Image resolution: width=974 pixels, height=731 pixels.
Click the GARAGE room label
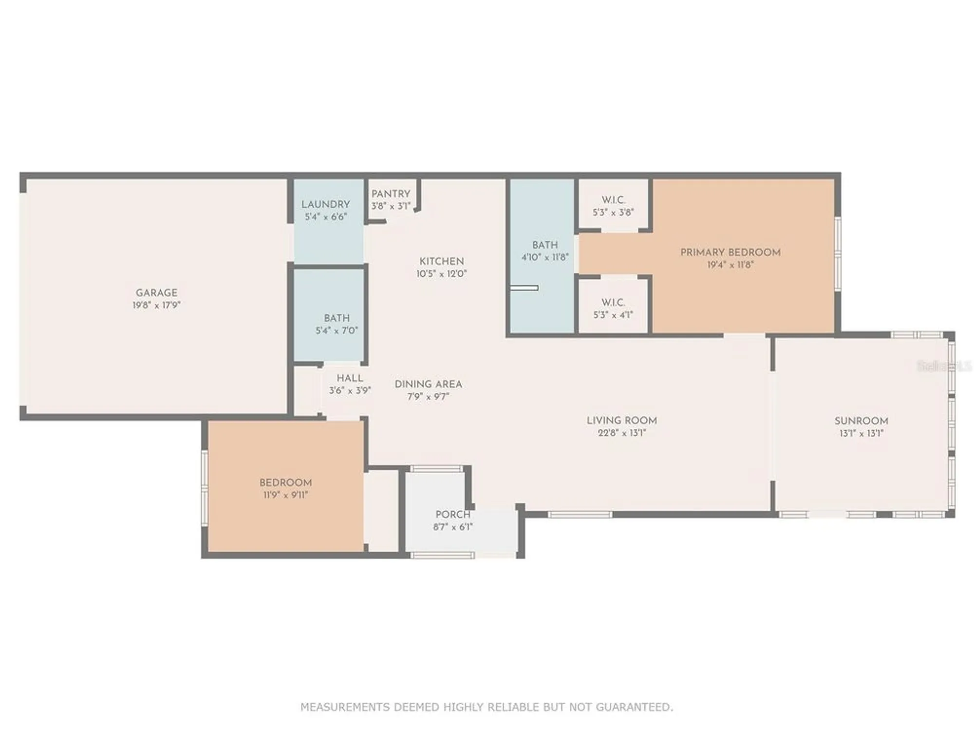tap(156, 292)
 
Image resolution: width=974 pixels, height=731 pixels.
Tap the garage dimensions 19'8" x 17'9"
tap(156, 306)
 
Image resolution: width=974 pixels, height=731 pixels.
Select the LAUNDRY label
tap(325, 204)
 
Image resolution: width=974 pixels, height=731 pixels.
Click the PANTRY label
tap(391, 194)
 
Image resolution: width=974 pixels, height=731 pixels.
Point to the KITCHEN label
tap(441, 261)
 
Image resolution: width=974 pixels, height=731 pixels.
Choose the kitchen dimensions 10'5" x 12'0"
tap(441, 274)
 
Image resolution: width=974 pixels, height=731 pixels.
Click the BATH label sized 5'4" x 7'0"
tap(337, 318)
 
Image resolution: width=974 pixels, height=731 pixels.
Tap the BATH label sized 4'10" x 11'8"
tap(544, 245)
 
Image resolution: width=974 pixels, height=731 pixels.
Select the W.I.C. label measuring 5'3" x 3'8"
tap(613, 200)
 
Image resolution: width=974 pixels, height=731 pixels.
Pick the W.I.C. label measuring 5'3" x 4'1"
tap(613, 303)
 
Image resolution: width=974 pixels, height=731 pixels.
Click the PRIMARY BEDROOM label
tap(730, 252)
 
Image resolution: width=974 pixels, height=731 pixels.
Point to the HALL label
tap(350, 378)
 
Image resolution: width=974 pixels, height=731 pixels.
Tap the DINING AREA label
tap(428, 385)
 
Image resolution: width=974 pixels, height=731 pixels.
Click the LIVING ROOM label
tap(621, 421)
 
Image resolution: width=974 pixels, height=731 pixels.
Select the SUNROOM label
tap(861, 421)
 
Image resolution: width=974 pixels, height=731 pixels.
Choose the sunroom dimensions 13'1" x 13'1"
tap(861, 433)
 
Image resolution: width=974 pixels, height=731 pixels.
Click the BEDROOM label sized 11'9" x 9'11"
tap(285, 482)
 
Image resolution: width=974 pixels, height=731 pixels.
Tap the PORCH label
tap(452, 515)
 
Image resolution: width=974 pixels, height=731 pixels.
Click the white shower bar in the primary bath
tap(524, 288)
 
